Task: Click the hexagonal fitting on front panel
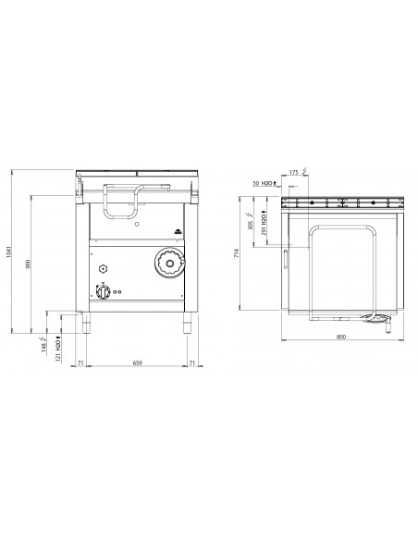pos(102,267)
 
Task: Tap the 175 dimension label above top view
pos(293,172)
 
